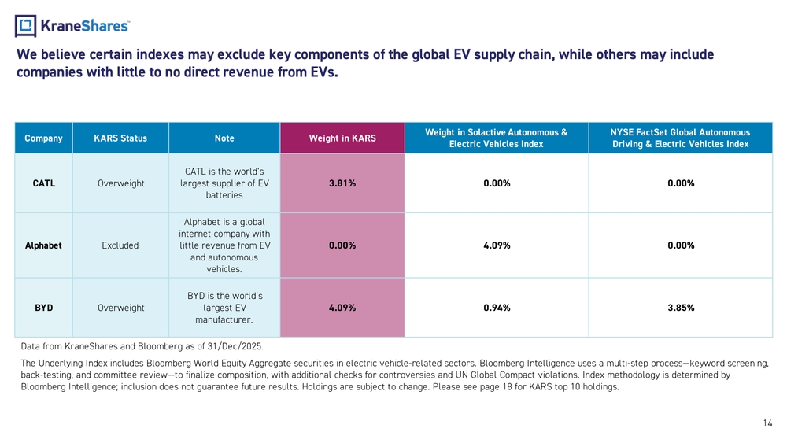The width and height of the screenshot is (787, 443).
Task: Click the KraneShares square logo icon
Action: (x=26, y=26)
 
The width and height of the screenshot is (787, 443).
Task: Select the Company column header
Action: (x=43, y=138)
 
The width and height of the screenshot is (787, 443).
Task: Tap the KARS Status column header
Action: (x=120, y=138)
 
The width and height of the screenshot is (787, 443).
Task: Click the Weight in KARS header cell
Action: (x=342, y=138)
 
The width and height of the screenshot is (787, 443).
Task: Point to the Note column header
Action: (x=224, y=138)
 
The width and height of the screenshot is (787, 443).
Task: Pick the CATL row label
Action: (x=44, y=183)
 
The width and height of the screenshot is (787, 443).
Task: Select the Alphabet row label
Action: (x=43, y=245)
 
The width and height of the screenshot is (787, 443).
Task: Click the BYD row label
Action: (x=43, y=308)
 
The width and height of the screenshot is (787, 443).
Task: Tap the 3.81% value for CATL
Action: (x=342, y=183)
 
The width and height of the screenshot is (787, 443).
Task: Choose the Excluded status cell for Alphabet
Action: (x=120, y=245)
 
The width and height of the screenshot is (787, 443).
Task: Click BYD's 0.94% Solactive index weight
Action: (x=497, y=308)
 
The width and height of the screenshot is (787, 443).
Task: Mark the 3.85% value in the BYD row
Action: (x=681, y=308)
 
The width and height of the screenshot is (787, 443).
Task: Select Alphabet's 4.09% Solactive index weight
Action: (x=497, y=245)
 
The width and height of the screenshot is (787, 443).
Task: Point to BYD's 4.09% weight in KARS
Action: (x=342, y=308)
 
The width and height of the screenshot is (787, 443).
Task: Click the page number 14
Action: (x=768, y=423)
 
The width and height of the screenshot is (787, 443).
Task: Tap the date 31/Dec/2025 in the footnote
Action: (x=235, y=346)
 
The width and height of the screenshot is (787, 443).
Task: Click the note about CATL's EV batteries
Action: (x=224, y=183)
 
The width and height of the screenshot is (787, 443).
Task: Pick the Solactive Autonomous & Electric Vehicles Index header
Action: (x=497, y=138)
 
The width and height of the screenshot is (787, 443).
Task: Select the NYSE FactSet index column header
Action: (x=681, y=138)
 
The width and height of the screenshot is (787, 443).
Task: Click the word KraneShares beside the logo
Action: (x=85, y=26)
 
